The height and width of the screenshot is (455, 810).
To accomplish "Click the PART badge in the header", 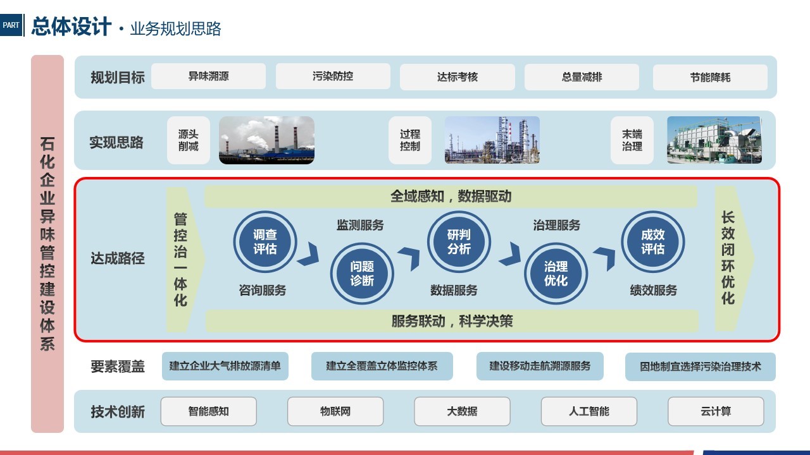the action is tap(11, 25).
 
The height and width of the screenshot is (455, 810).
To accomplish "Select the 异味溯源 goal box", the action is tap(208, 76).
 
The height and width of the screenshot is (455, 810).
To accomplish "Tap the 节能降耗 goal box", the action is tap(710, 77).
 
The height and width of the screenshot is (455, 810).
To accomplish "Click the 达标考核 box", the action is tap(458, 77).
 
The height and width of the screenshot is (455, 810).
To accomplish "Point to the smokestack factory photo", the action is tap(267, 140).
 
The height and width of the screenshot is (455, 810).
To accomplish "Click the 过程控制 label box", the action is tap(410, 140).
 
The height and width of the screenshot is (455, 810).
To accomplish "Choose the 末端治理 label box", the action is tap(632, 140).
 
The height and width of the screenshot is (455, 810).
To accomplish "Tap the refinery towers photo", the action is tap(492, 140).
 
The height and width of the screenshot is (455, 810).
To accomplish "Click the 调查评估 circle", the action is tap(265, 241).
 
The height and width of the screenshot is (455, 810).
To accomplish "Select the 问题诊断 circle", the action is tap(362, 274).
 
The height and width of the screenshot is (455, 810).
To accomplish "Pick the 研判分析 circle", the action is tap(459, 241).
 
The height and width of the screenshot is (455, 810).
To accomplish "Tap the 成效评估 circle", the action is tap(653, 241).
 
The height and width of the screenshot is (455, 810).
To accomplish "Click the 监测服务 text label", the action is tap(360, 225).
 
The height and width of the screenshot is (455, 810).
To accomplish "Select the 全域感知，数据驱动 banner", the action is tap(451, 197).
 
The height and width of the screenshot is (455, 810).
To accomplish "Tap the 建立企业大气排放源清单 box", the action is tap(225, 366).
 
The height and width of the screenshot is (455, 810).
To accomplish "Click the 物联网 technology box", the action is tap(335, 411).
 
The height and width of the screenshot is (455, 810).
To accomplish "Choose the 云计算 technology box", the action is tap(716, 411).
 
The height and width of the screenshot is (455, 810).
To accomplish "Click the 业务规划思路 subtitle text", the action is tap(175, 28).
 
